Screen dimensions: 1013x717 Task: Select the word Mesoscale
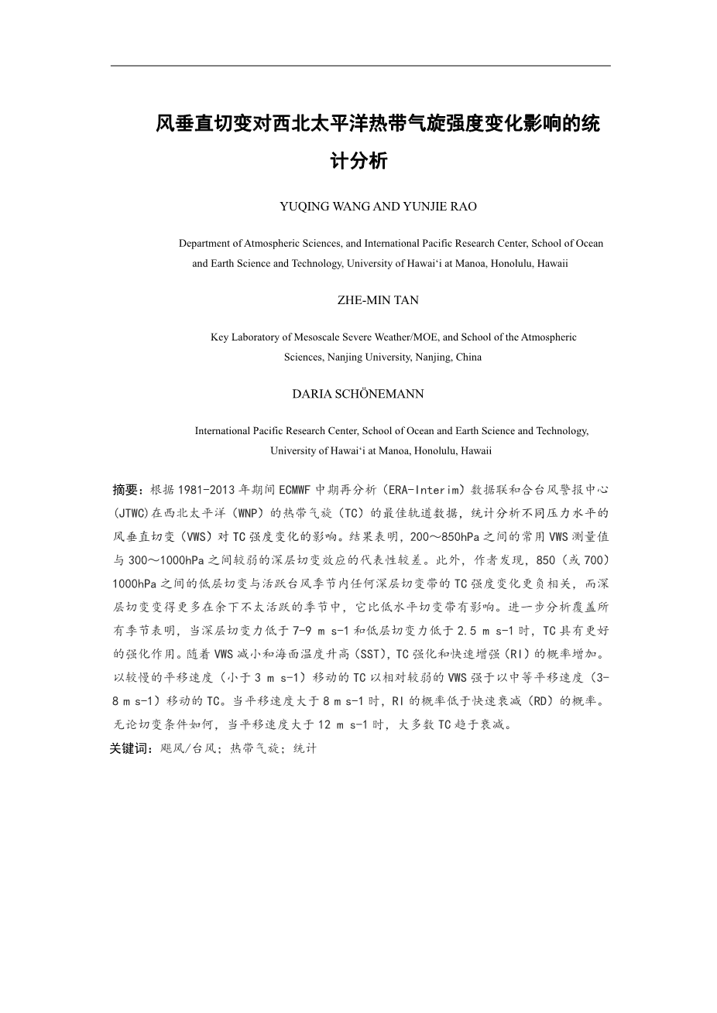coord(317,337)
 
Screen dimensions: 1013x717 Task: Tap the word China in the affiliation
coord(468,357)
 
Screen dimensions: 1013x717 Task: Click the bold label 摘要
coord(125,490)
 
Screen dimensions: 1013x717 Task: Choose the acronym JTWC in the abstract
coord(135,513)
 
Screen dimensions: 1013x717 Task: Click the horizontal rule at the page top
coord(360,66)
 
